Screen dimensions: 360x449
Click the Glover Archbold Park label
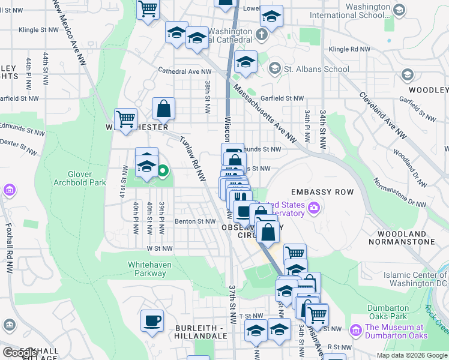point(79,178)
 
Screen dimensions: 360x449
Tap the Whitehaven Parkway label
point(147,268)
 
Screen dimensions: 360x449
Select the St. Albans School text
point(316,69)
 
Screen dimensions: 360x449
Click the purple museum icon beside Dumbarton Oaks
point(356,330)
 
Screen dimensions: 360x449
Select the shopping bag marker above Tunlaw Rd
point(163,109)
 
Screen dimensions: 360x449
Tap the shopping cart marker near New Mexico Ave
point(125,119)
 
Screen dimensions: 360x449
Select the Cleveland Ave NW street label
point(382,115)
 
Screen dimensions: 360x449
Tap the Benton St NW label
point(195,221)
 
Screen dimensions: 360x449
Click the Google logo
point(20,353)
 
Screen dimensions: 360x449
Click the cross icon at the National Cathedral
point(262,34)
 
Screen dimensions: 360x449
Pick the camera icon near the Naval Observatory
point(313,208)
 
